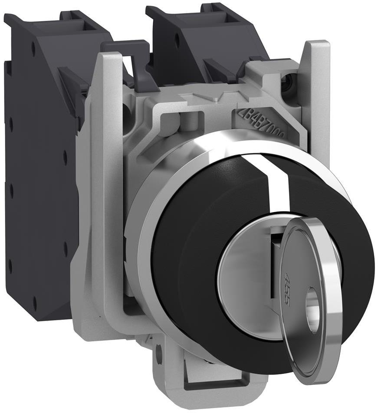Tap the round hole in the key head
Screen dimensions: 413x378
coord(312,310)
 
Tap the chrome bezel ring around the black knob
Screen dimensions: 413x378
coord(143,226)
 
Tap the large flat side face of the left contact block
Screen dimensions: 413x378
coord(39,195)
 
